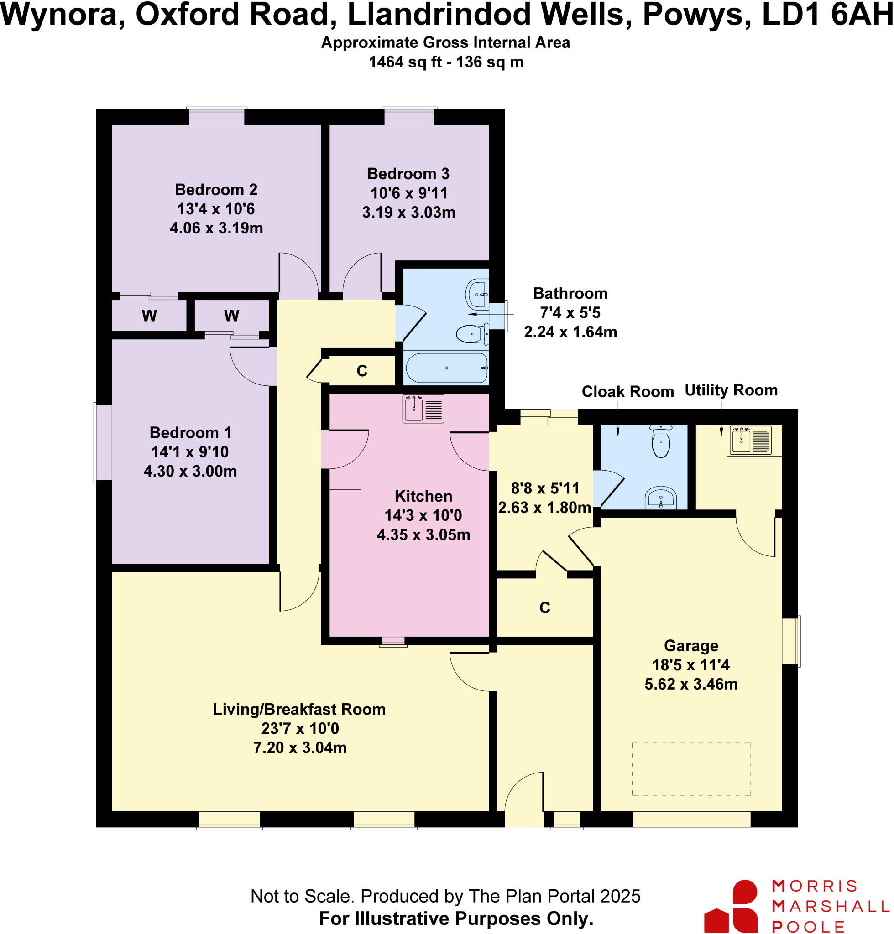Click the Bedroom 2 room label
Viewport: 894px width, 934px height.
click(x=216, y=190)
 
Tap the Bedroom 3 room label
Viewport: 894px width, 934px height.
click(x=408, y=174)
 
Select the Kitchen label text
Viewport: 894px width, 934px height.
click(x=423, y=496)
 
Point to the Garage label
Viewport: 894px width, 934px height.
click(x=691, y=646)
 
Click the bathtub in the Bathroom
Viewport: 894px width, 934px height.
click(x=446, y=368)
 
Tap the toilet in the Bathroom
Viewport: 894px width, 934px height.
click(x=472, y=334)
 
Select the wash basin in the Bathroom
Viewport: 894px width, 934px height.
click(x=477, y=294)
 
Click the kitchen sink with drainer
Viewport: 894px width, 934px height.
click(x=423, y=409)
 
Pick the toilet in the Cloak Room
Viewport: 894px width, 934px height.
click(x=660, y=441)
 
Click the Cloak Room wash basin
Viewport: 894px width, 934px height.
click(x=660, y=498)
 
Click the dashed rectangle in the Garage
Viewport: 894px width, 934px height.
click(x=691, y=769)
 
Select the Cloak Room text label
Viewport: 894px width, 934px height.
click(x=627, y=391)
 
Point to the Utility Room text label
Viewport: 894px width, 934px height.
click(x=731, y=390)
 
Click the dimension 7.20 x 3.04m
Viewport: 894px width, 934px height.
click(x=300, y=748)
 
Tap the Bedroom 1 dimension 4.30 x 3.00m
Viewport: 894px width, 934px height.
click(x=190, y=471)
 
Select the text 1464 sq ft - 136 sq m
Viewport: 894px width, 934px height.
click(x=446, y=62)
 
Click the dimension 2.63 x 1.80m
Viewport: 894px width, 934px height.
click(x=544, y=508)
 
